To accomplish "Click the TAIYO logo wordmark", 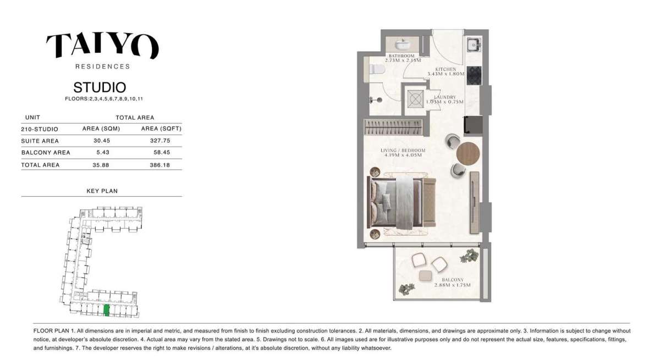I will pyautogui.click(x=102, y=46).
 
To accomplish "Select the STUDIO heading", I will pyautogui.click(x=100, y=87).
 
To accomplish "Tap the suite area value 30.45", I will pyautogui.click(x=96, y=141).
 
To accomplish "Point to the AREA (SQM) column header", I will pyautogui.click(x=97, y=129).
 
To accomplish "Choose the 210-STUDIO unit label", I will pyautogui.click(x=39, y=129).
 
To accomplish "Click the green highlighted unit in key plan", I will pyautogui.click(x=107, y=311).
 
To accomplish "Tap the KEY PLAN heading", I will pyautogui.click(x=102, y=191).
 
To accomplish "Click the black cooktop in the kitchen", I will pyautogui.click(x=474, y=76).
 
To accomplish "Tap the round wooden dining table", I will pyautogui.click(x=468, y=153).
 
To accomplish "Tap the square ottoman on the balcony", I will pyautogui.click(x=425, y=276).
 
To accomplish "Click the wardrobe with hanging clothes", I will pyautogui.click(x=393, y=128).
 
